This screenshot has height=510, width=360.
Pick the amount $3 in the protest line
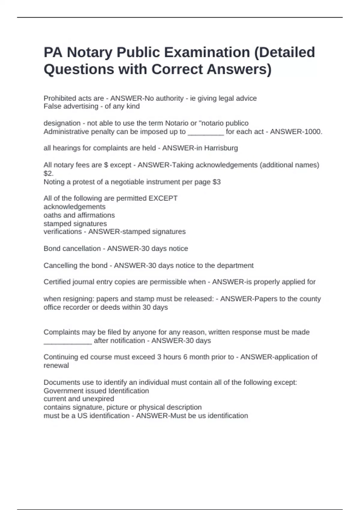coord(217,182)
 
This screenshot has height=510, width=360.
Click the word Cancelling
coord(60,265)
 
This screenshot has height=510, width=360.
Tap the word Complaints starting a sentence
coord(61,332)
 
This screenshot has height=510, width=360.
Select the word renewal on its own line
coord(56,365)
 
